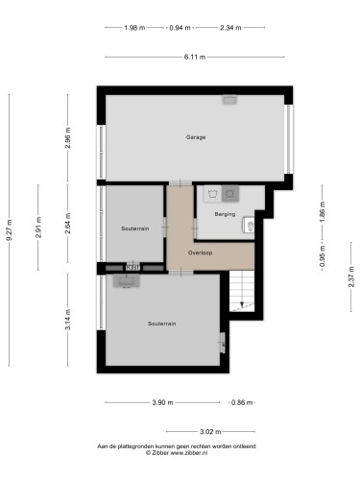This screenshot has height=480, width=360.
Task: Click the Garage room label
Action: [x=196, y=137]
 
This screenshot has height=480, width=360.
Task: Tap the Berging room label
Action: [x=225, y=214]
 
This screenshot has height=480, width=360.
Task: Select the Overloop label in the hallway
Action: [x=200, y=252]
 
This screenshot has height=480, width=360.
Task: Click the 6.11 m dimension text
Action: [x=195, y=58]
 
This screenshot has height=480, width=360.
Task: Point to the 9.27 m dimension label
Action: [x=9, y=230]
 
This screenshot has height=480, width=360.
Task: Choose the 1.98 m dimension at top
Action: [x=134, y=28]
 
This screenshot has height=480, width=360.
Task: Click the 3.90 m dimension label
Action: [x=162, y=402]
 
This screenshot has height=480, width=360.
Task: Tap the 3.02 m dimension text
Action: [x=210, y=432]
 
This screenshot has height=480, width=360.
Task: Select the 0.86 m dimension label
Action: [x=242, y=402]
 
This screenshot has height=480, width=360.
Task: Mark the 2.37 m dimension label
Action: [x=351, y=276]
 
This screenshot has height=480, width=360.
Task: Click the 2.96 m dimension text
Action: [x=68, y=138]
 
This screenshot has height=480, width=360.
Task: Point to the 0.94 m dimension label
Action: [x=180, y=28]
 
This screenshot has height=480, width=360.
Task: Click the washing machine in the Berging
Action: [x=212, y=194]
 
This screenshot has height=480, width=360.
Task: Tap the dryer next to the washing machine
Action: [x=230, y=194]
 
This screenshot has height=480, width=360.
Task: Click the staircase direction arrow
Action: [x=242, y=304]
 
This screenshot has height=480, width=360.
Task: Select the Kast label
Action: [x=132, y=268]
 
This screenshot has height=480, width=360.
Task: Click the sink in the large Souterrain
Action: [x=127, y=281]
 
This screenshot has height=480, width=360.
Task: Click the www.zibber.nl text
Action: [x=189, y=453]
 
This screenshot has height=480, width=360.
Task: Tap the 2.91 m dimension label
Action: [x=38, y=228]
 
